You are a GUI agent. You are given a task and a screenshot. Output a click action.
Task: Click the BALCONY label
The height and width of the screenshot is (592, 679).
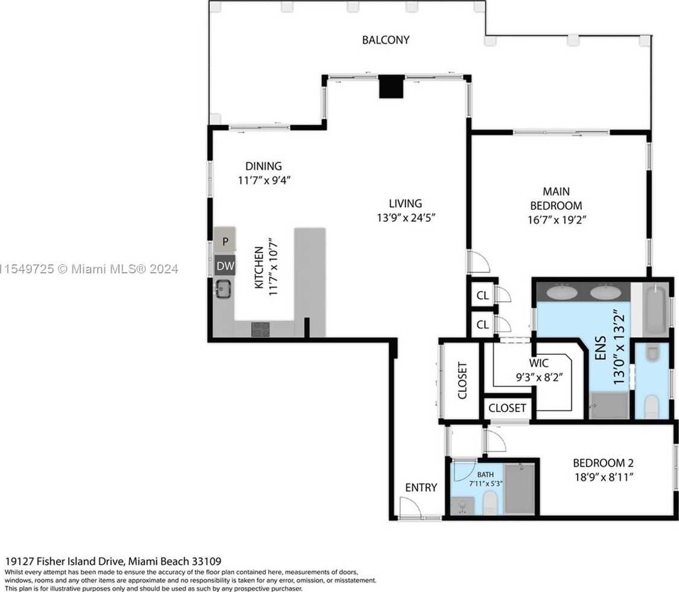pos(386,40)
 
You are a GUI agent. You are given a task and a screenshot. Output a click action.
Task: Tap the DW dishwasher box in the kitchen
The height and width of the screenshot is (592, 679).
pos(225,266)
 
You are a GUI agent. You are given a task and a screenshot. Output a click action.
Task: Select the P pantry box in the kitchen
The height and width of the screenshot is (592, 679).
pos(225,240)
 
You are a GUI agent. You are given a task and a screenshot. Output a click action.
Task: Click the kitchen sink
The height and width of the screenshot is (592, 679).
pos(223,289)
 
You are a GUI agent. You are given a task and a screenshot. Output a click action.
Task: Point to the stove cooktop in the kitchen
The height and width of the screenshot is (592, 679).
pos(260,329)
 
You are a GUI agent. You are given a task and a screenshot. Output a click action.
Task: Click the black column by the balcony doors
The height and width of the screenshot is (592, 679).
pos(392,87)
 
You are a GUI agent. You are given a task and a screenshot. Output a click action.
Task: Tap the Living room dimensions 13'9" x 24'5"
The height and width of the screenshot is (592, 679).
pos(406,217)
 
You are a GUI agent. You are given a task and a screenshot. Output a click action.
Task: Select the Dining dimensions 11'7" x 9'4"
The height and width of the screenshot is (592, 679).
pos(264,180)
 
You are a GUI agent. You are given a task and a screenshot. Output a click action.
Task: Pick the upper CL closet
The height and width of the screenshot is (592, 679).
pos(482,295)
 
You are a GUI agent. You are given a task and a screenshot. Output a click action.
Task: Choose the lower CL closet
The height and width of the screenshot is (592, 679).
pos(482,324)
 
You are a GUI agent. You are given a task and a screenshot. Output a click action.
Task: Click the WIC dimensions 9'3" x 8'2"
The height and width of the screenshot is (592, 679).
pos(539,377)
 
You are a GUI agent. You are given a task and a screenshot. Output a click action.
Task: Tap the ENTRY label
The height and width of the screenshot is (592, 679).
pos(421,488)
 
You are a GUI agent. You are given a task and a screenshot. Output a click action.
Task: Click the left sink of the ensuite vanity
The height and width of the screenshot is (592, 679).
pos(562,292)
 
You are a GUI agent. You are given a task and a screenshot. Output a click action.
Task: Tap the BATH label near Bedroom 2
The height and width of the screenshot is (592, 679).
pos(485,475)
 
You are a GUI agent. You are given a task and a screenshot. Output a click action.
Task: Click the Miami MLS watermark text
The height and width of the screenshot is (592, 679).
pos(89,269)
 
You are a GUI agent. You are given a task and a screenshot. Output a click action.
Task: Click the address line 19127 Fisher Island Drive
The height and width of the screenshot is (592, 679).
pos(113,562)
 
